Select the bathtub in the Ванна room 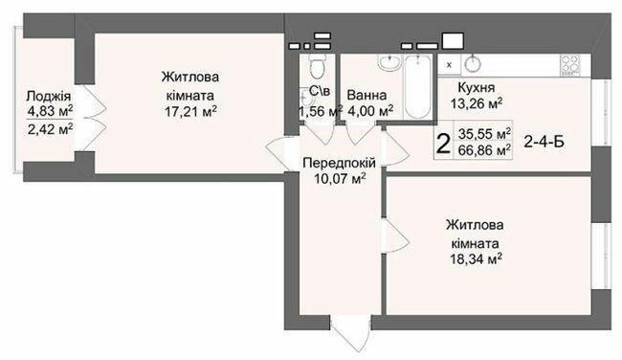[x=418, y=87]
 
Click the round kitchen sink [x=475, y=64]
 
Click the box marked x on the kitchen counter [x=449, y=64]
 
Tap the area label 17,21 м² [x=187, y=111]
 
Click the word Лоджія [x=47, y=96]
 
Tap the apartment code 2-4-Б [x=543, y=144]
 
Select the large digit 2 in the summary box [x=442, y=145]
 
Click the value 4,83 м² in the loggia [x=47, y=112]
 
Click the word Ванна [x=368, y=96]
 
